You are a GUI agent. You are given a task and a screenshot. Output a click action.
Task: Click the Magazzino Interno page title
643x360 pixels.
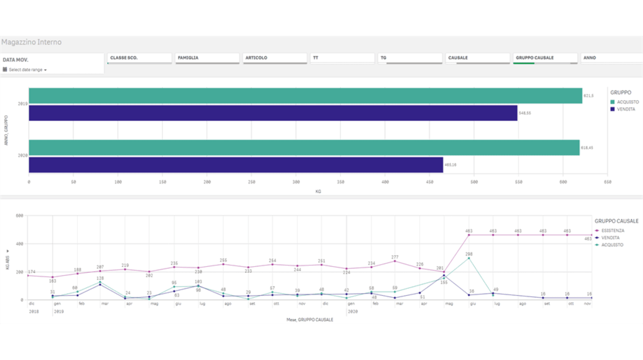tap(31, 42)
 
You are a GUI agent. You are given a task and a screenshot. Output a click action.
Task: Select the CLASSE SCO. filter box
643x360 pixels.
tap(139, 58)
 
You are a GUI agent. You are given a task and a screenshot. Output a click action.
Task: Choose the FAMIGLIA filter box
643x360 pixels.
tap(207, 58)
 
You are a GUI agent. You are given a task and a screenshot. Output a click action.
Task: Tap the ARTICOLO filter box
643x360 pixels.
tap(274, 58)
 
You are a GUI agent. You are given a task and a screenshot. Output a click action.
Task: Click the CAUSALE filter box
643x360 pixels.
tap(477, 58)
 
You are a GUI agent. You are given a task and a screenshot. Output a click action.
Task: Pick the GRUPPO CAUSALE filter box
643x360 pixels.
tap(544, 58)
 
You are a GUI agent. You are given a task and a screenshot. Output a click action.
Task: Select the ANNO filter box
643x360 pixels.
tap(611, 58)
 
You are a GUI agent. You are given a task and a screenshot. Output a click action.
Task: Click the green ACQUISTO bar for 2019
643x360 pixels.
tap(305, 96)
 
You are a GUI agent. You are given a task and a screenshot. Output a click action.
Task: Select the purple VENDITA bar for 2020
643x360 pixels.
tap(236, 164)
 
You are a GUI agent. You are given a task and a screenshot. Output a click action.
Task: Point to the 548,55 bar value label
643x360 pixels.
tap(526, 113)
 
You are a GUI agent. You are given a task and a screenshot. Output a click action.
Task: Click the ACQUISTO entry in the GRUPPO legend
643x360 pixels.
tap(626, 102)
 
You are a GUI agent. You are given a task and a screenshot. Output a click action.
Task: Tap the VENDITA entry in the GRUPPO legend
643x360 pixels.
tap(625, 109)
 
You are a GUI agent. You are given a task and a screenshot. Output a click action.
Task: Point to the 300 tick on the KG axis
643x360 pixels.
tap(296, 183)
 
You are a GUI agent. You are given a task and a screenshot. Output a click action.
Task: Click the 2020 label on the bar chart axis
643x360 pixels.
tap(23, 156)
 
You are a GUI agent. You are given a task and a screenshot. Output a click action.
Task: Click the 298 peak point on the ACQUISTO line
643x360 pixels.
tap(469, 258)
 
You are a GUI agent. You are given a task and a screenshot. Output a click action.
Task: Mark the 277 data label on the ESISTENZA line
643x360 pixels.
tap(395, 257)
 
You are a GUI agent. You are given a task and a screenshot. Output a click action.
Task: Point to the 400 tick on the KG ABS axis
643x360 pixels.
tap(19, 244)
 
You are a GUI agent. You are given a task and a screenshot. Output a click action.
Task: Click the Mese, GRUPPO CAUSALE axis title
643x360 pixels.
tap(309, 320)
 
